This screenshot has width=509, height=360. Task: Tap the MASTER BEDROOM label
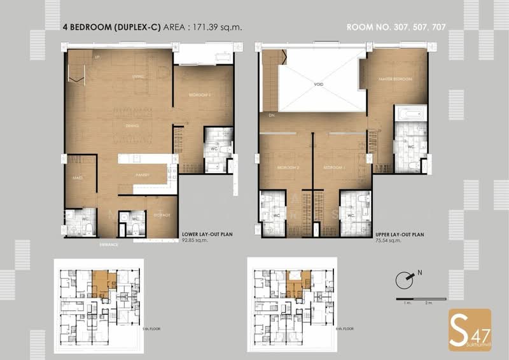click(x=395, y=79)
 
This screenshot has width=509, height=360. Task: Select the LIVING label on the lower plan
click(x=136, y=76)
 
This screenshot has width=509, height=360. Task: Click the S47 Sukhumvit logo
click(x=470, y=329)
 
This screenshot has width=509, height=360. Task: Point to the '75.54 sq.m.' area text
click(x=388, y=241)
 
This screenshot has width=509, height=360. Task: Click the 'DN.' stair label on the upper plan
click(x=270, y=116)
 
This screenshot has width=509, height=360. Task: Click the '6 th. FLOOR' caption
click(x=343, y=328)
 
